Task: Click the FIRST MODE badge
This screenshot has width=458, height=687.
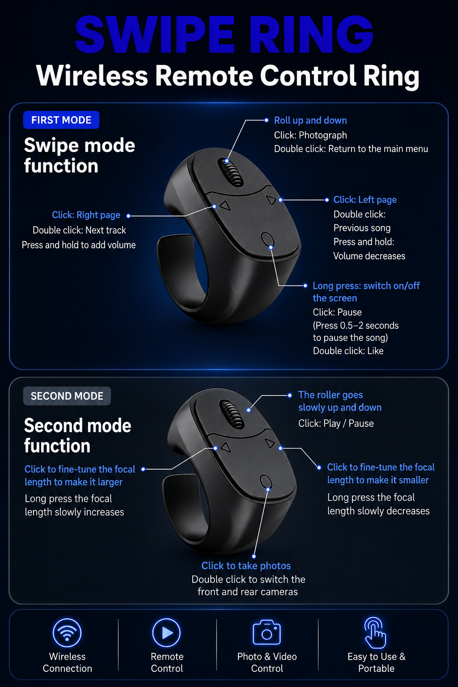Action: [x=61, y=120]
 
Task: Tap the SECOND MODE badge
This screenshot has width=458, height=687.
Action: [x=67, y=396]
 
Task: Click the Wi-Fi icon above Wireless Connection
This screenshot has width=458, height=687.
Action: [x=67, y=633]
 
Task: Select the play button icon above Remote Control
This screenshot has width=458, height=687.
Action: [x=166, y=633]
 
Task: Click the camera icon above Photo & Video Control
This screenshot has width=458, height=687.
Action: [x=267, y=632]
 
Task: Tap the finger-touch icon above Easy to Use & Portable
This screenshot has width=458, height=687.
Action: [x=375, y=633]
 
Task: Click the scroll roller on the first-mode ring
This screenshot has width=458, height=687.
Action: [x=230, y=171]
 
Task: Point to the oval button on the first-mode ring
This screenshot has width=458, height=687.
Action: [x=267, y=240]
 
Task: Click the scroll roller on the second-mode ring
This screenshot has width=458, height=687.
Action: [x=232, y=414]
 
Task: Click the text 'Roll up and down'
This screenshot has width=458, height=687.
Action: [x=310, y=120]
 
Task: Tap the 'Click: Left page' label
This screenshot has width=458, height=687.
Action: [x=365, y=200]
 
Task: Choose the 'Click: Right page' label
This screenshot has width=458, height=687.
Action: [x=86, y=215]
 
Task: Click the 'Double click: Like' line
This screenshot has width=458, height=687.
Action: [x=348, y=351]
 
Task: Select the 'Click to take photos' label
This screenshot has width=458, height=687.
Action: [x=246, y=566]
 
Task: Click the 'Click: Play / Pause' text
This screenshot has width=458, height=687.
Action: [x=336, y=424]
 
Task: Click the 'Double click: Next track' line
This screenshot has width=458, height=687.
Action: [x=79, y=230]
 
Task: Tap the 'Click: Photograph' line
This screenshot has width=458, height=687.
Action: [x=310, y=135]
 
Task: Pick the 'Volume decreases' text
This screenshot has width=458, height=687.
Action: [x=369, y=256]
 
